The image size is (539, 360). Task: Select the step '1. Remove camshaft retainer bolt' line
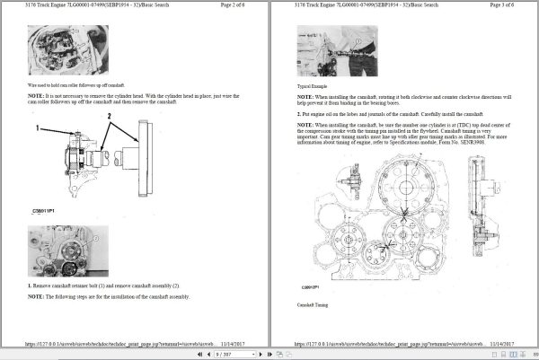coord(103,285)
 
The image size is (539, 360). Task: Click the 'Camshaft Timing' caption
coord(314,305)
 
